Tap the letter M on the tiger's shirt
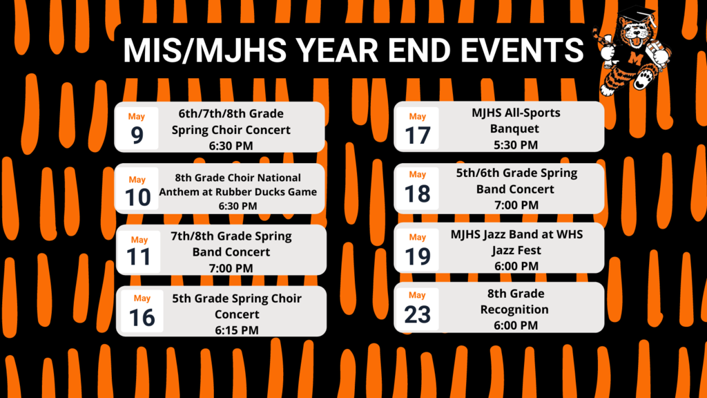tap(636, 58)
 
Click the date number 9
tap(137, 135)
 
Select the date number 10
tap(137, 198)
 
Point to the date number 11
tap(138, 257)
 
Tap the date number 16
tap(142, 318)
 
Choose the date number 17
tap(418, 135)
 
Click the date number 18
tap(418, 194)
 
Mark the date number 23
tap(417, 314)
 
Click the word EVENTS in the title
tap(522, 50)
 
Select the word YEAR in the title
tap(337, 50)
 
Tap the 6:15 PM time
tap(237, 330)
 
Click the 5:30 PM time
tap(515, 145)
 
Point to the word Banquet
tap(514, 129)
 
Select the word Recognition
tap(514, 310)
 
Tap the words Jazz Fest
tap(516, 250)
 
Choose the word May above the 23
tap(417, 295)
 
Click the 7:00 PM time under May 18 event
tap(516, 205)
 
